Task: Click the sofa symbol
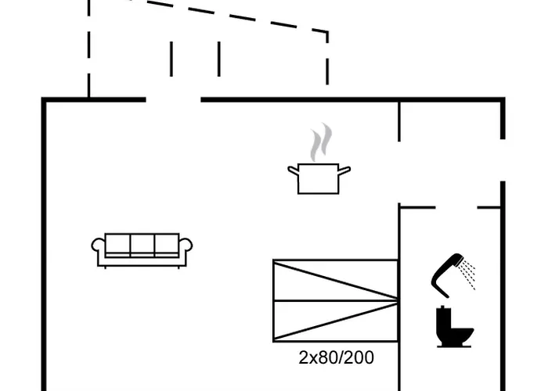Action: [x=142, y=251]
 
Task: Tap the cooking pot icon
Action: [x=319, y=178]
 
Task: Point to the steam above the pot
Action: [x=321, y=142]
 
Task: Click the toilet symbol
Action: [x=454, y=327]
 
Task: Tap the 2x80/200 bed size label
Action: [x=336, y=357]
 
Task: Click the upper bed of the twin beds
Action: [x=336, y=280]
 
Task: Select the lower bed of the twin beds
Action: [x=336, y=321]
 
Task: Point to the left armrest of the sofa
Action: [x=98, y=245]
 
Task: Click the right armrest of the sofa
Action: [x=186, y=245]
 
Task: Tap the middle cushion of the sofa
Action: [x=142, y=244]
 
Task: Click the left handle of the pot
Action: [x=294, y=170]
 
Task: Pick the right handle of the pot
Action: [x=344, y=170]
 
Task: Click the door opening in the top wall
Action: [x=173, y=100]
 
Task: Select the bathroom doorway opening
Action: [x=456, y=207]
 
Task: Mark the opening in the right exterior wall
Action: [x=503, y=160]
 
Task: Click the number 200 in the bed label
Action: [x=360, y=357]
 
